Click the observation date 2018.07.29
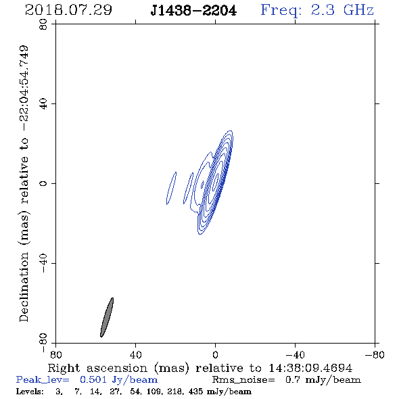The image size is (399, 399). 68,10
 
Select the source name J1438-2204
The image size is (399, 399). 193,11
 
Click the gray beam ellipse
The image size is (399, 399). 107,317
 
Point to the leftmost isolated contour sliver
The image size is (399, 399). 171,188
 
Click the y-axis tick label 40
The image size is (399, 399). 43,104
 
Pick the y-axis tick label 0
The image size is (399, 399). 43,183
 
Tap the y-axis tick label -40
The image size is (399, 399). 43,263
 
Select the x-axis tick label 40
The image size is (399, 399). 135,355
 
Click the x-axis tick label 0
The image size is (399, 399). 215,355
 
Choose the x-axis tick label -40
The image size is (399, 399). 295,355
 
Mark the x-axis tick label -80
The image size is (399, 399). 375,355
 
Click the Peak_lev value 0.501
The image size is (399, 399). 93,379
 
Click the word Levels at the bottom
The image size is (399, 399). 30,392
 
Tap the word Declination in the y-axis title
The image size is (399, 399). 24,287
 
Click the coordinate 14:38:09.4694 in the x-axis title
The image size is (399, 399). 310,368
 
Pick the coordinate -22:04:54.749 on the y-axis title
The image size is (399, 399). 24,89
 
